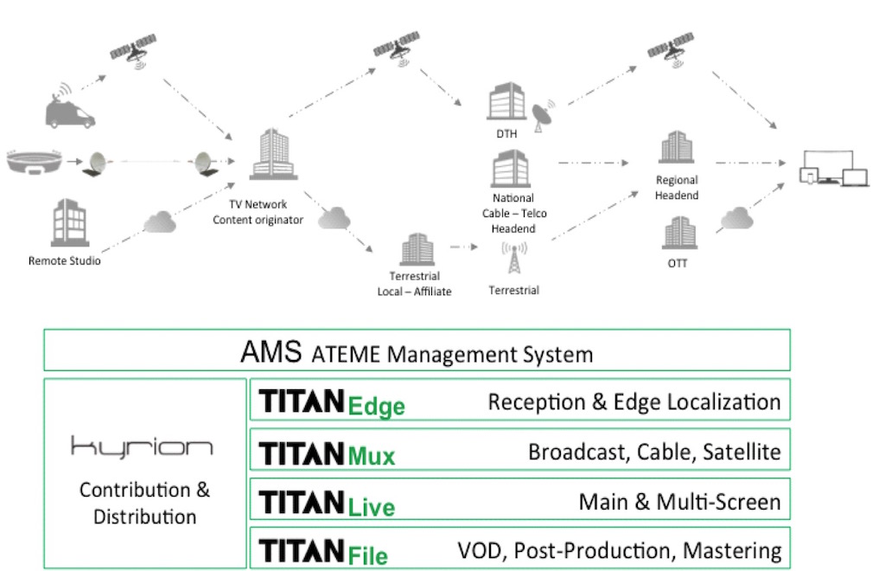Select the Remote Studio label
tap(64, 260)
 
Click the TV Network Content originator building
tap(267, 159)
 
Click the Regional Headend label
tap(677, 188)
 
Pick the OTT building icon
tap(678, 234)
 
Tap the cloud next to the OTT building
tap(735, 221)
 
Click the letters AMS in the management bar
tap(271, 353)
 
